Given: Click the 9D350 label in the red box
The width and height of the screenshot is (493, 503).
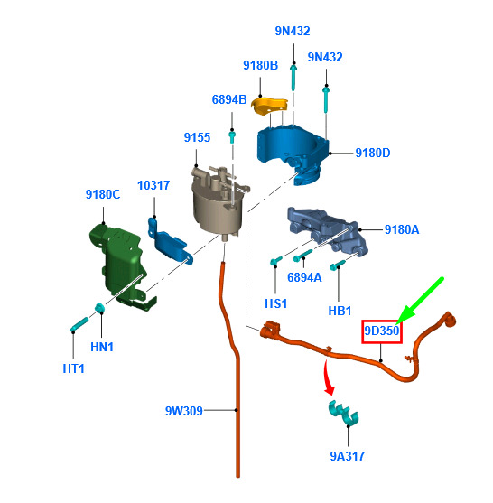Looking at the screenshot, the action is (x=381, y=331).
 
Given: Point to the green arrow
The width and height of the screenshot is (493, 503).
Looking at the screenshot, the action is (x=420, y=301).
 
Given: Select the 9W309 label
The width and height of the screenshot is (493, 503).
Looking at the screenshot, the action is (x=184, y=411).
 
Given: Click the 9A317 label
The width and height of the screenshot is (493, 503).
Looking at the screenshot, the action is (x=348, y=456).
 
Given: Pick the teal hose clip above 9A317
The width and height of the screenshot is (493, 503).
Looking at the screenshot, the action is (x=343, y=413).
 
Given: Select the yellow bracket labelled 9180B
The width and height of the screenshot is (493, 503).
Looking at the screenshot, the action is (x=269, y=106).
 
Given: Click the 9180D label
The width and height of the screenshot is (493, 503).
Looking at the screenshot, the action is (x=373, y=153).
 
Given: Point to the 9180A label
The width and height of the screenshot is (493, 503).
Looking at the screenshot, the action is (x=402, y=229).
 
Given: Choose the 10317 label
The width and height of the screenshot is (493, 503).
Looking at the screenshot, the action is (x=153, y=185).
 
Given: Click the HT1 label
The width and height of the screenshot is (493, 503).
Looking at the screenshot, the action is (x=73, y=368).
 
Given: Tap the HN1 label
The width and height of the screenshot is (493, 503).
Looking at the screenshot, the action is (x=102, y=347).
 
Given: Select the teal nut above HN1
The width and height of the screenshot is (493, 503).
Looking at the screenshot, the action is (x=99, y=308).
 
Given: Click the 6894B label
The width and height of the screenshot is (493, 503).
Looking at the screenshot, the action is (x=229, y=99).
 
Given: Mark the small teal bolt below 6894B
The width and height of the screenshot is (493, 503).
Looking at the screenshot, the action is (x=232, y=136).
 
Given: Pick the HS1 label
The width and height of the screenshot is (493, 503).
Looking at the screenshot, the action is (x=276, y=303).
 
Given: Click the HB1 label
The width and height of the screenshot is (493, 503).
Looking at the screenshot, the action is (x=340, y=311).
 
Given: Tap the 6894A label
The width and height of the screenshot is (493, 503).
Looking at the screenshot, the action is (x=304, y=277).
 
